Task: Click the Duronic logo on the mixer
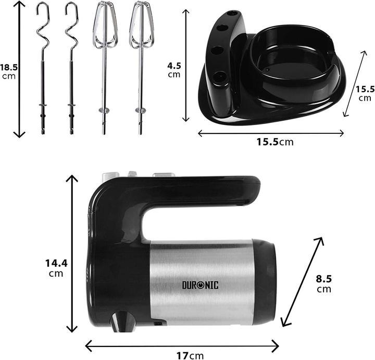pos(200,284)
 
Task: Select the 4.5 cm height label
pos(173,70)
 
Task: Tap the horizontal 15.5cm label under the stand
pos(271,142)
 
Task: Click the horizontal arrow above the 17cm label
pos(182,344)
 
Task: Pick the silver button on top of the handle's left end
pos(110,176)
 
